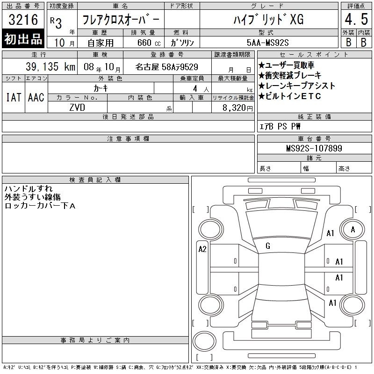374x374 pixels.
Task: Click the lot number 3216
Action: pos(23,19)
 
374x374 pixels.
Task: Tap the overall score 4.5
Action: pos(356,19)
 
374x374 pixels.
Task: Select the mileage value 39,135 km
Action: pos(50,66)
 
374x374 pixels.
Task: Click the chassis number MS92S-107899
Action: pos(314,148)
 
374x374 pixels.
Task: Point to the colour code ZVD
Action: pos(77,108)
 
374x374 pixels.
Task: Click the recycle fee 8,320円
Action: pos(237,108)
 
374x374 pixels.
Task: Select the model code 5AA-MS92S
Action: pos(267,43)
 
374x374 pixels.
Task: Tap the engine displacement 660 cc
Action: pos(149,43)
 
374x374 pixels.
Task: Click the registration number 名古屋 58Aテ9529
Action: pos(167,67)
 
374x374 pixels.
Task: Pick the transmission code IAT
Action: pos(14,97)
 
